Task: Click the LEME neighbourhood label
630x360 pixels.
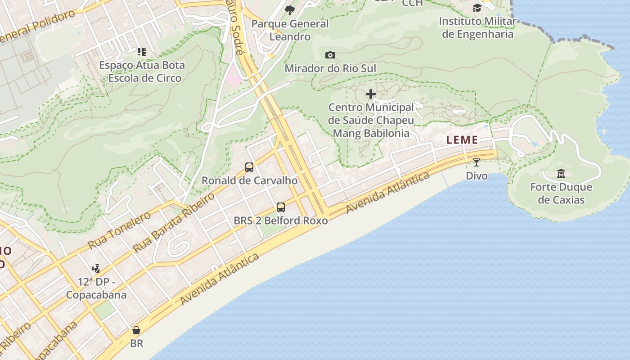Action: [x=462, y=140]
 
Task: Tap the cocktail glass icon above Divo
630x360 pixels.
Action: [x=477, y=162]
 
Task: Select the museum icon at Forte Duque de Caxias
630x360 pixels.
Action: [x=561, y=173]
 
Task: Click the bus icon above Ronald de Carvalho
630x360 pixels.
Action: [x=249, y=167]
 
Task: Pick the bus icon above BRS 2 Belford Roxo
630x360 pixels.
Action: [x=281, y=207]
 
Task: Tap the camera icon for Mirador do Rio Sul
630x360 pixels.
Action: [x=330, y=55]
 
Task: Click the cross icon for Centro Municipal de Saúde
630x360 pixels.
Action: [x=371, y=94]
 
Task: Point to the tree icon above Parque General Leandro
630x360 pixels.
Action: [x=290, y=10]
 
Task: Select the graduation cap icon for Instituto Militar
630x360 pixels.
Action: [x=477, y=8]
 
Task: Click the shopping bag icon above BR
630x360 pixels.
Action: [x=136, y=330]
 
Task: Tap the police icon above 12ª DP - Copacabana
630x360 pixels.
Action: [x=96, y=269]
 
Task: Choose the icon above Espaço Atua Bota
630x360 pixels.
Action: [x=142, y=52]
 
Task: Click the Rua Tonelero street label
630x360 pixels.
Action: [x=119, y=230]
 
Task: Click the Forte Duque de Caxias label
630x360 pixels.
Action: [x=561, y=193]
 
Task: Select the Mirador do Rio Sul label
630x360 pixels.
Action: [x=330, y=68]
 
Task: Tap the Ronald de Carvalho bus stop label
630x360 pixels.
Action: [x=249, y=180]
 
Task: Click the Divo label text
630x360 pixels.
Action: [x=477, y=175]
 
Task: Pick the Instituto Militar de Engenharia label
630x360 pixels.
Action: [x=477, y=27]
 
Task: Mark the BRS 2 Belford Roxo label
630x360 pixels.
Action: [x=281, y=220]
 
